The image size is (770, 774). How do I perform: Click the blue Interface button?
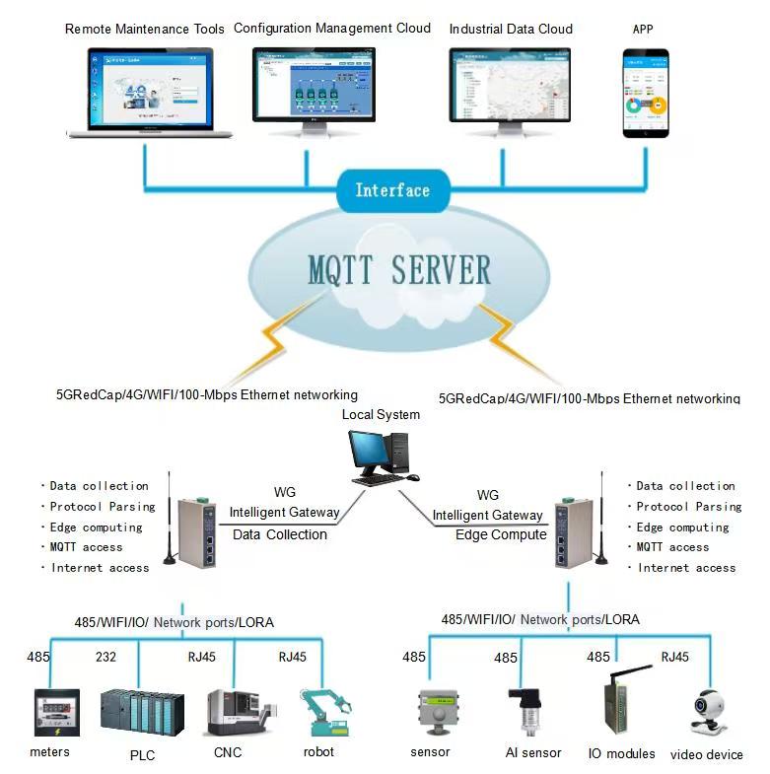pyautogui.click(x=391, y=190)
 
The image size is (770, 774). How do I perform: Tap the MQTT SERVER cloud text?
pyautogui.click(x=398, y=269)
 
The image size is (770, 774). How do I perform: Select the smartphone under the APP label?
pyautogui.click(x=644, y=95)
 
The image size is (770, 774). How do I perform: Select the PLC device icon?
pyautogui.click(x=141, y=711)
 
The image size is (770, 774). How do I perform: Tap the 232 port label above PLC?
pyautogui.click(x=105, y=657)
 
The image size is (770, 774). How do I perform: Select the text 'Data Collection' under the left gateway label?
pyautogui.click(x=280, y=534)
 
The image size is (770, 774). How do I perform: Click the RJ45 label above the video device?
pyautogui.click(x=675, y=657)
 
